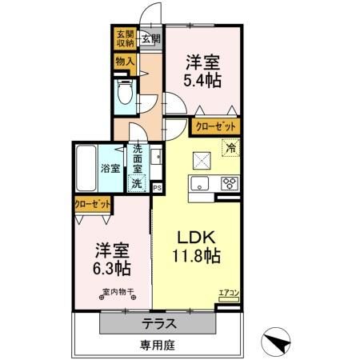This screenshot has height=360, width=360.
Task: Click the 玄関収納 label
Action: [x=124, y=39]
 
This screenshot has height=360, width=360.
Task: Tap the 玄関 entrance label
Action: [x=150, y=38]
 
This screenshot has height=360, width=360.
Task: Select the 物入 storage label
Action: [x=125, y=61]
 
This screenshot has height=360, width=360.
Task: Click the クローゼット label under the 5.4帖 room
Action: [x=214, y=126]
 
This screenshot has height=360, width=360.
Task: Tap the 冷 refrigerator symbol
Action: [x=230, y=148]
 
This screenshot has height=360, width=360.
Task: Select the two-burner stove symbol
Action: [x=229, y=184]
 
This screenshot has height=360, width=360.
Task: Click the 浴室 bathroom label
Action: [x=110, y=168]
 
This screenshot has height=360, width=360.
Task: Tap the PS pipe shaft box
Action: [x=157, y=188]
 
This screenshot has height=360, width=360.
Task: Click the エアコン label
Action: [x=230, y=294]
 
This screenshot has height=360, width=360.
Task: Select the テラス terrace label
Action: [x=159, y=326]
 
